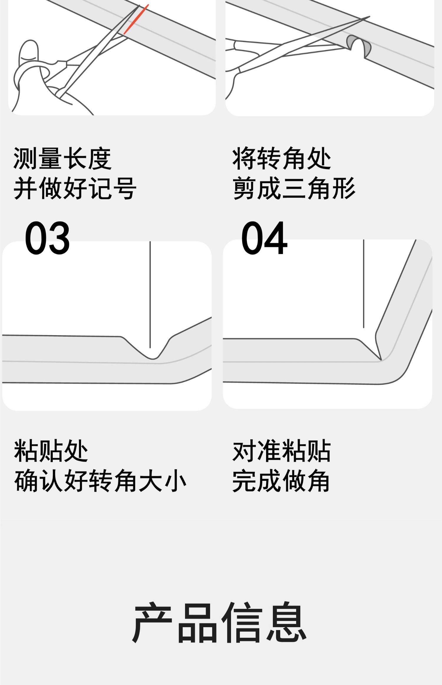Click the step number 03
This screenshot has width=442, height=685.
pos(47,238)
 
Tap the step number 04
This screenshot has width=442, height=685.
pos(264,238)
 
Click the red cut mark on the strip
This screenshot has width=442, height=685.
pos(136,19)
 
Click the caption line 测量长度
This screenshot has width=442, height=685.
pos(62,159)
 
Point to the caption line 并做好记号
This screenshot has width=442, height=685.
pos(75,188)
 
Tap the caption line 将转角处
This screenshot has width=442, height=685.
pos(282,159)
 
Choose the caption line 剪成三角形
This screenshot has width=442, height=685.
pos(294,188)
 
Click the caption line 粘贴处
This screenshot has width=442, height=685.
pos(51,450)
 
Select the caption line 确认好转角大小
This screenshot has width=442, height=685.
pos(100,481)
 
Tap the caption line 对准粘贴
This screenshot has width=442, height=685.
pos(282,450)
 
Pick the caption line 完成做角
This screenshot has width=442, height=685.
pos(281,481)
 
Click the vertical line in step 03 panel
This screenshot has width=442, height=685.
pos(150,295)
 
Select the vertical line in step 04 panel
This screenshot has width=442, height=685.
pos(364,283)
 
